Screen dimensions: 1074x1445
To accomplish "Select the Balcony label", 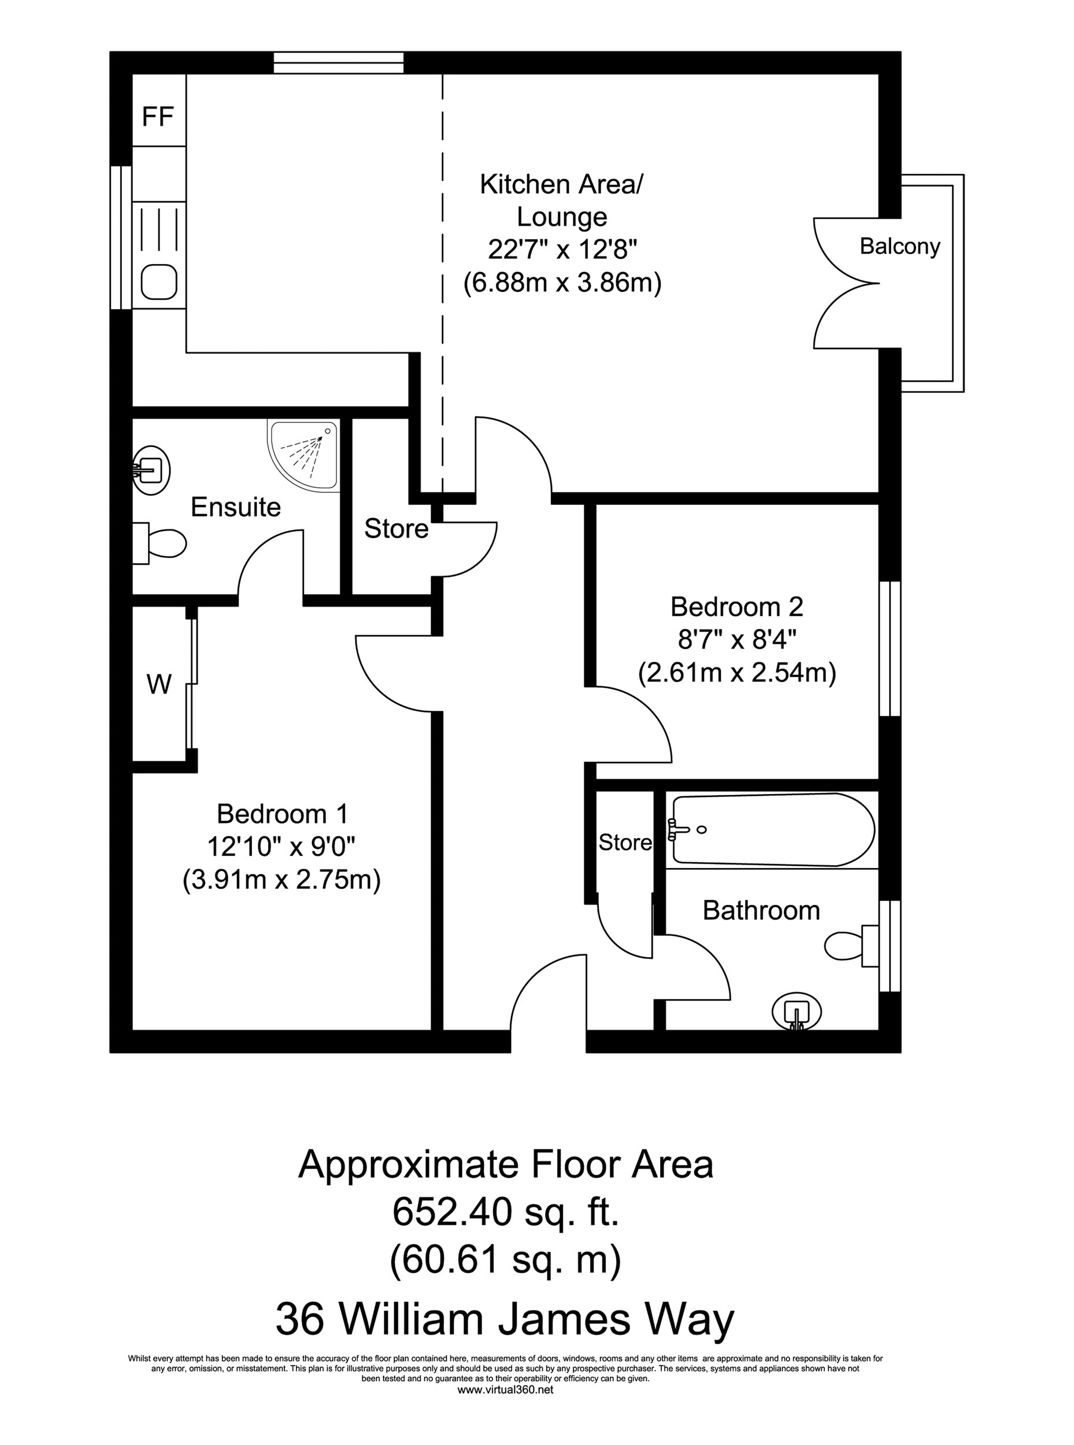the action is pos(900,246).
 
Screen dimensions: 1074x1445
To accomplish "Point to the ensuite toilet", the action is pos(161,543).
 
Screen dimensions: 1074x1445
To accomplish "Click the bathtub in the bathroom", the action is pos(772,830).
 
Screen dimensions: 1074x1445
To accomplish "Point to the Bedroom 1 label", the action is pos(282,814).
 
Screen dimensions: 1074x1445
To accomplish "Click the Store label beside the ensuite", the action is pos(396,528).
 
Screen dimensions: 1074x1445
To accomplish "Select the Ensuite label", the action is pos(235,507).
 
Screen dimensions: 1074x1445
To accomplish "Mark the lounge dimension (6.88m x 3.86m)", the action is pos(562,283).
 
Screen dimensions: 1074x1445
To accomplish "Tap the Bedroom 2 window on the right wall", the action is pos(890,648).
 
